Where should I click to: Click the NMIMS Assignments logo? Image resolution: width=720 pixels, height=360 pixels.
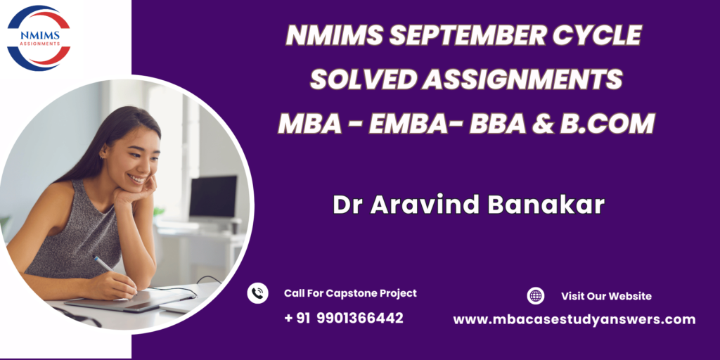(x=39, y=38)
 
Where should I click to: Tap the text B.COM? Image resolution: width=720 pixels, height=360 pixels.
(x=607, y=124)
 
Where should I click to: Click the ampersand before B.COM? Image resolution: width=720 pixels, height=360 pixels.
(x=543, y=124)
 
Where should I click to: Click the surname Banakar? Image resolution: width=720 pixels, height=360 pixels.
(x=546, y=205)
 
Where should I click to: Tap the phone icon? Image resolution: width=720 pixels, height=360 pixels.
(x=257, y=293)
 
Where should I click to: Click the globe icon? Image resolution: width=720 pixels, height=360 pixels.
(x=535, y=296)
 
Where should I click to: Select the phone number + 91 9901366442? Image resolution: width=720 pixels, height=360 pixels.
(x=343, y=318)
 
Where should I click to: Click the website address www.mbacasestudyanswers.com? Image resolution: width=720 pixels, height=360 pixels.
(x=574, y=320)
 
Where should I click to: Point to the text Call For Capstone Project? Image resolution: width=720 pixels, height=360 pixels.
(x=350, y=293)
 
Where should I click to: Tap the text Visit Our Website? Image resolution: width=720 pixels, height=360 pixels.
(x=606, y=296)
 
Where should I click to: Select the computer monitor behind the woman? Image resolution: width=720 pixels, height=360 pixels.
(x=213, y=197)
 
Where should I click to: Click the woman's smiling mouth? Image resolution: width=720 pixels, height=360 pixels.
(x=136, y=178)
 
